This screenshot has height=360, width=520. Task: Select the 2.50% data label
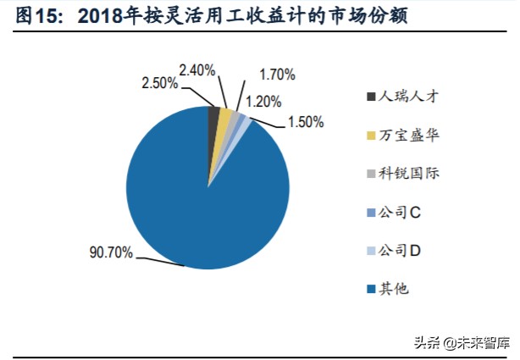tap(159, 83)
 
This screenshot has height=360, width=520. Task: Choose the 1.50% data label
tap(305, 122)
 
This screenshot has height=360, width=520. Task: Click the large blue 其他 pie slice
tap(203, 195)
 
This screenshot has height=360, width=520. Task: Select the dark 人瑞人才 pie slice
tap(214, 115)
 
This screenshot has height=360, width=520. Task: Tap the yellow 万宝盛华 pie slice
tap(224, 117)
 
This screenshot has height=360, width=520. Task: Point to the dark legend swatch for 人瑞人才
tap(370, 97)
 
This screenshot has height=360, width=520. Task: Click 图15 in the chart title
tap(38, 16)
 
